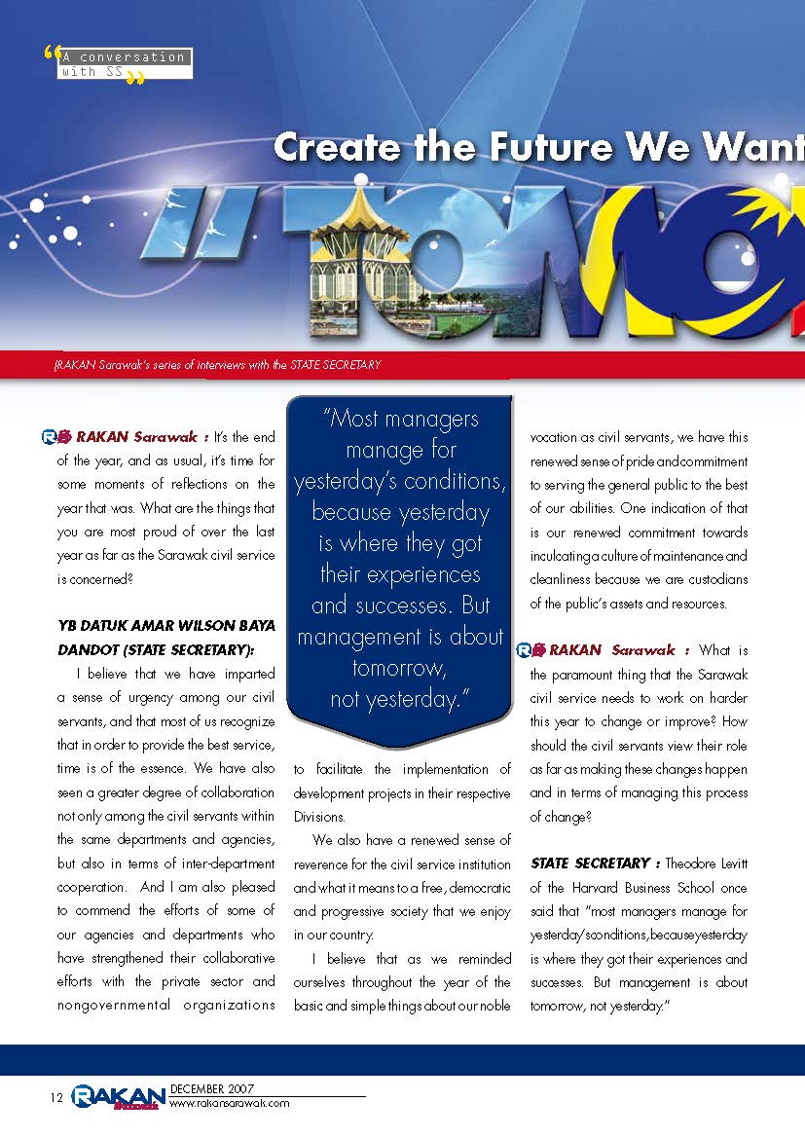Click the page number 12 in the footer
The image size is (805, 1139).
tap(56, 1098)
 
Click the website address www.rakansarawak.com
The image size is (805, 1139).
tap(230, 1104)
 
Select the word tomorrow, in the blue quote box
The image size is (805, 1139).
tap(400, 669)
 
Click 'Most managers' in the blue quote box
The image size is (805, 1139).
tap(400, 420)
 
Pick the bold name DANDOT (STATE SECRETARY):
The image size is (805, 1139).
tap(156, 648)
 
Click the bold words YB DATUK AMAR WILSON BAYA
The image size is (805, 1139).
tap(165, 625)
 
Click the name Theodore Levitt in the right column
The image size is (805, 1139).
tap(707, 863)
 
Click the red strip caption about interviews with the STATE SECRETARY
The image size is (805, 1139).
tap(217, 365)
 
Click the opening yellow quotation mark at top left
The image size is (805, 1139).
tap(52, 55)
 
